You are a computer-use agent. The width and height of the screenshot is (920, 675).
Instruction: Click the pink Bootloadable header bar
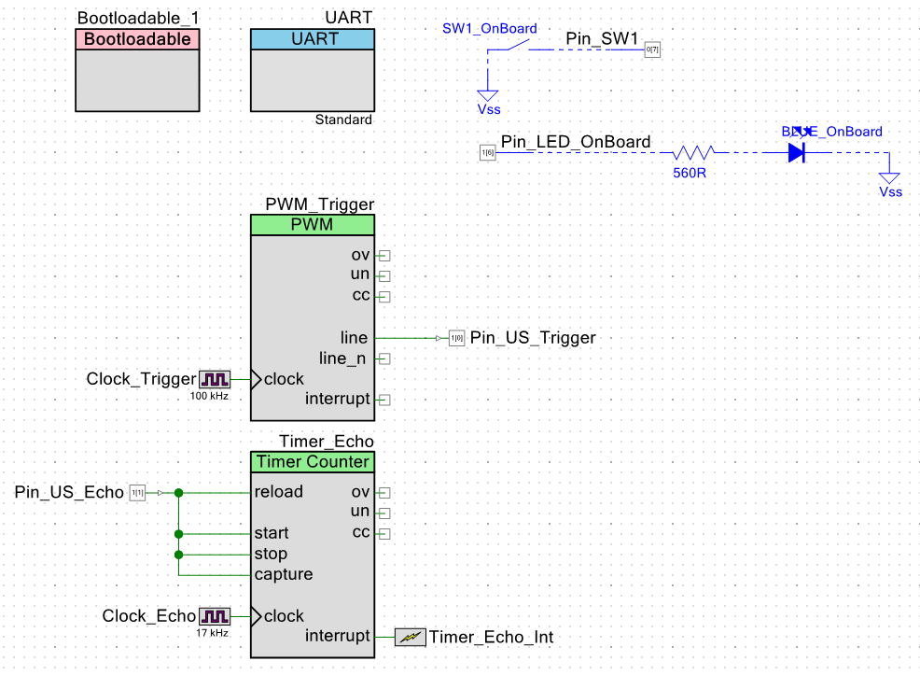(137, 39)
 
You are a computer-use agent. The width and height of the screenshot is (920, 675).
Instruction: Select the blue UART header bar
(312, 39)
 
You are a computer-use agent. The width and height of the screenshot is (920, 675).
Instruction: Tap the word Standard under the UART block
(343, 120)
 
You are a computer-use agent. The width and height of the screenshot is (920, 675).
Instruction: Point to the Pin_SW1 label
(602, 39)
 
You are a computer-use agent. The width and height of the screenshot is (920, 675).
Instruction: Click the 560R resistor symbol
(694, 152)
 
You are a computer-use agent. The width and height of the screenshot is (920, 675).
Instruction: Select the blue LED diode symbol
(796, 152)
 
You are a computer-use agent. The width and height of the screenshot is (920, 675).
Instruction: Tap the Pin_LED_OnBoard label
(576, 142)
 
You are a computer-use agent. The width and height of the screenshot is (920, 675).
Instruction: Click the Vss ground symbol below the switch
(488, 95)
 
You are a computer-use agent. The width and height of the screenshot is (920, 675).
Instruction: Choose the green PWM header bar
(312, 225)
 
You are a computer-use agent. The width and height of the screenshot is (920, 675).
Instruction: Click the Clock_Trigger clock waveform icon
(215, 379)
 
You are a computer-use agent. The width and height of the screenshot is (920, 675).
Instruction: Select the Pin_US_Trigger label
(532, 337)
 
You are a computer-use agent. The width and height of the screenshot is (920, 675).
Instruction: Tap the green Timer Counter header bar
(312, 461)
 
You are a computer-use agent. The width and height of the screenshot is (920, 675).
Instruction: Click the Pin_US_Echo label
(69, 492)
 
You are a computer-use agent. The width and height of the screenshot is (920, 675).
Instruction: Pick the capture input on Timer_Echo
(284, 574)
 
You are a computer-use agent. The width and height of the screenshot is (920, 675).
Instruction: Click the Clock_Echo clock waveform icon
(215, 616)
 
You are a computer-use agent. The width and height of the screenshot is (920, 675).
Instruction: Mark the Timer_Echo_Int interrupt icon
(410, 637)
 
